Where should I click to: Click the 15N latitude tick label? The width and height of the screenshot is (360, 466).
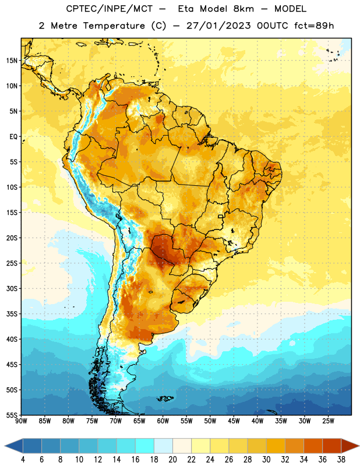[12, 61]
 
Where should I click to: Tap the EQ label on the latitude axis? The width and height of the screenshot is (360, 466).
[13, 137]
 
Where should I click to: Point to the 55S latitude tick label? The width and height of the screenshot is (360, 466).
[12, 415]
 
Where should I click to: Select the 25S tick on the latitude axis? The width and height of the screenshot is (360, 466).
[12, 263]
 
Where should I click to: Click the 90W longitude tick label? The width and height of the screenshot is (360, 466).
[21, 421]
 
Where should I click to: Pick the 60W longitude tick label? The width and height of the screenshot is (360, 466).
[163, 421]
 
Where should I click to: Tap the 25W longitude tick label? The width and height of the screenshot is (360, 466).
[328, 421]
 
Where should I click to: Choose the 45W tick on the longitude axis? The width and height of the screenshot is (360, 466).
[234, 421]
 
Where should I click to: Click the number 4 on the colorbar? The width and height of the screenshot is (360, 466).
[23, 460]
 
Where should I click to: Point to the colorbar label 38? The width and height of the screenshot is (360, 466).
[341, 460]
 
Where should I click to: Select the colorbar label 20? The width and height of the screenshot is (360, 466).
[172, 460]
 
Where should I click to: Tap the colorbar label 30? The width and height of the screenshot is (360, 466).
[266, 460]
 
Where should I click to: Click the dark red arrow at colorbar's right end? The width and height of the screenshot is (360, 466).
[350, 446]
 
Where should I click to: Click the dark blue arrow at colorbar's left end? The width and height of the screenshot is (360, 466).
[14, 446]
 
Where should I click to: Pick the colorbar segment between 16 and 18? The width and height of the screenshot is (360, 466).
[145, 446]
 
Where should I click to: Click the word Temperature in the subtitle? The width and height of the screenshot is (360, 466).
[114, 26]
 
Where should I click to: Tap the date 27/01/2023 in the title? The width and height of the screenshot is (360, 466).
[219, 26]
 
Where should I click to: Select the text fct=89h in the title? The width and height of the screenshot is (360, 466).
[314, 26]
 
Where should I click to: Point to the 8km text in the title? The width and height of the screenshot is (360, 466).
[243, 9]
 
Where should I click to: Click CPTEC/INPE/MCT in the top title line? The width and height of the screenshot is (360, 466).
[110, 9]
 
